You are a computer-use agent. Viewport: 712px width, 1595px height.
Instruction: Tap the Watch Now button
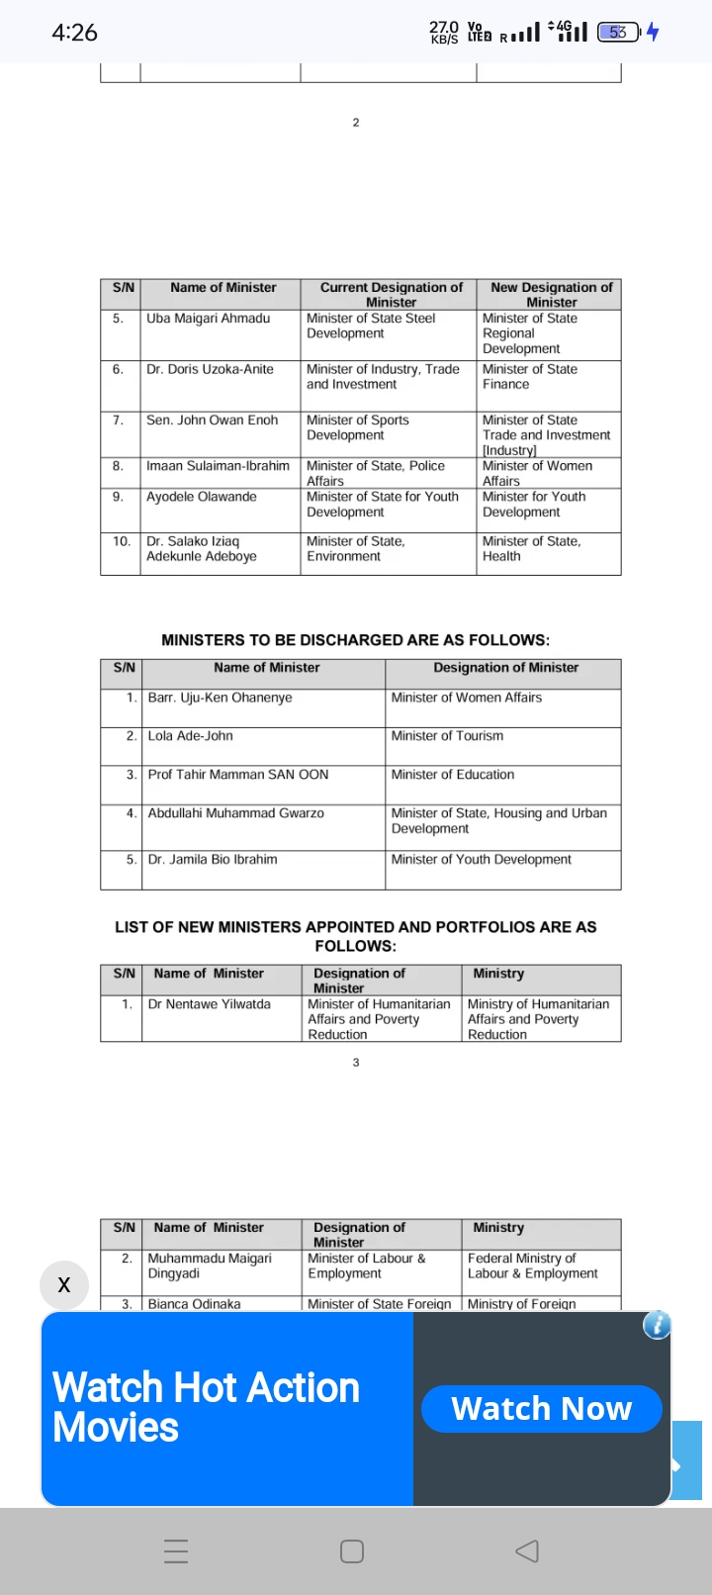point(541,1408)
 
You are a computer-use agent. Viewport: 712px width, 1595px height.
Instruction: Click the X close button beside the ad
point(64,1284)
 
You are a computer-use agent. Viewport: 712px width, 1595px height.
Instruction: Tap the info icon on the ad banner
point(657,1325)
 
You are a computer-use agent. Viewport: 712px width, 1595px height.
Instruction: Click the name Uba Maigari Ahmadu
point(208,319)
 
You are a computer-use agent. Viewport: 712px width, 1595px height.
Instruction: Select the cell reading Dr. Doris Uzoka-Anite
point(210,369)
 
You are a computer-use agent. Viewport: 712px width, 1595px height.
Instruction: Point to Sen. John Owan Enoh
point(212,421)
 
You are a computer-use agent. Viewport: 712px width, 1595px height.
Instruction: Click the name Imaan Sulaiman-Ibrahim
point(218,466)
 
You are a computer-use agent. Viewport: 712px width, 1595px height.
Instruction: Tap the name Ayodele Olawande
point(201,497)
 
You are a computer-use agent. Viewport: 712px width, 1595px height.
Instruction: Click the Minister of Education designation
point(452,775)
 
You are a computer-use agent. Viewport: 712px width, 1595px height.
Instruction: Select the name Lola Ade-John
point(190,736)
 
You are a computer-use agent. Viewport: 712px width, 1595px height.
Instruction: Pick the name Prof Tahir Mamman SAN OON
point(237,775)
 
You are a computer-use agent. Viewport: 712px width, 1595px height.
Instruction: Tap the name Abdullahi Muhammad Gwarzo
point(235,813)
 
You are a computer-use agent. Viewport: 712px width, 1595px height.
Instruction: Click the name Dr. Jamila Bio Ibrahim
point(212,860)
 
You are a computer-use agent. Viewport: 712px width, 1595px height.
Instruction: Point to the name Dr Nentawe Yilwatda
point(209,1004)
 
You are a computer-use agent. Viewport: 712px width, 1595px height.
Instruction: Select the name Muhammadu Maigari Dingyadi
point(209,1266)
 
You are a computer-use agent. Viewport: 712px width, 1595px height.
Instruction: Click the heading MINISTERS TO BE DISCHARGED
point(355,640)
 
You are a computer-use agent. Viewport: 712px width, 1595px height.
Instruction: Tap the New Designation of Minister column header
point(551,294)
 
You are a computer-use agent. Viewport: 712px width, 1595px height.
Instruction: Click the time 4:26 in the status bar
point(74,33)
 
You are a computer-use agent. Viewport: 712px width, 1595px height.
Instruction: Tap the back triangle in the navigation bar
point(527,1550)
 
